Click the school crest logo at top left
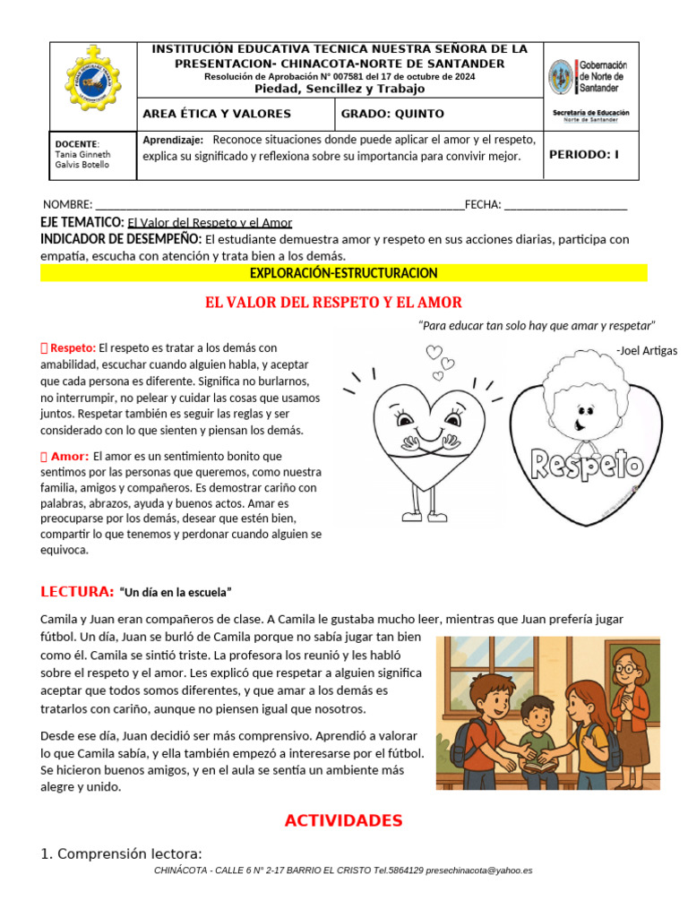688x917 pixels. [94, 79]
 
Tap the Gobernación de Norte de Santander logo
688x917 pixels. [589, 78]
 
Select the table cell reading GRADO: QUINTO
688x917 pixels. [380, 114]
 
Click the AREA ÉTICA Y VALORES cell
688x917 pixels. [217, 114]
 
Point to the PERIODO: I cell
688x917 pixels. [584, 154]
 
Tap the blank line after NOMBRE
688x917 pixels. [279, 205]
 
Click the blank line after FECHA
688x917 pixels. [565, 205]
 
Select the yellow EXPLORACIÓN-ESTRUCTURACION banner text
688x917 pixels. [344, 272]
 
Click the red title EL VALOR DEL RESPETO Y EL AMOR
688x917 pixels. [334, 303]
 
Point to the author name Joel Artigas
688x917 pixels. [647, 350]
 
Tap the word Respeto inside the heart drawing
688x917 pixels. [588, 464]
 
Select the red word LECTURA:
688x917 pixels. [77, 592]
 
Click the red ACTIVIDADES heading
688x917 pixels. [343, 820]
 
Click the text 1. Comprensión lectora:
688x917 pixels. [122, 853]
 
